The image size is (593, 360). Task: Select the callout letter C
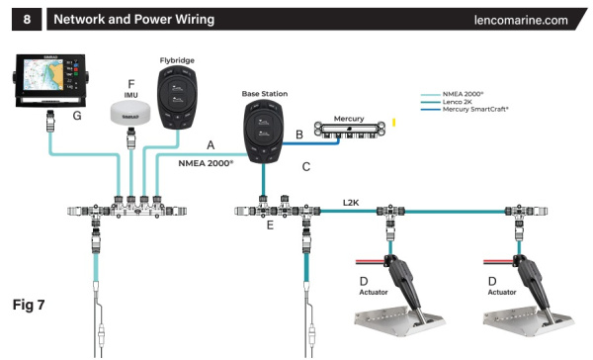[x=306, y=167]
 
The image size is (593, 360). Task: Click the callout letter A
[x=210, y=143]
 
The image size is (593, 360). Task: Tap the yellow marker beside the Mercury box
[x=394, y=124]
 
